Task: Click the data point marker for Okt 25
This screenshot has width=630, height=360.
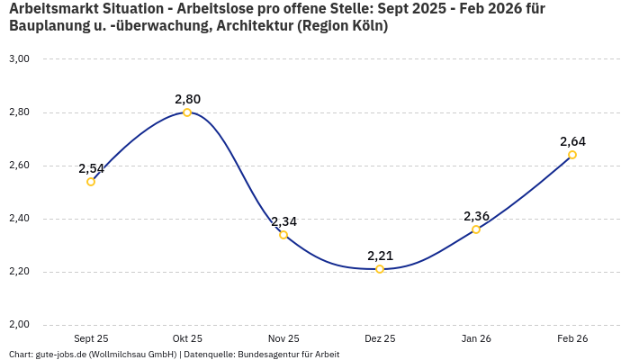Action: [187, 112]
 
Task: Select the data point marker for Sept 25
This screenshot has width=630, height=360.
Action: [91, 182]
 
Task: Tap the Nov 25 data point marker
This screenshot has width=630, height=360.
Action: [283, 235]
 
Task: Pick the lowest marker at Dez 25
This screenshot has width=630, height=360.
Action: [380, 269]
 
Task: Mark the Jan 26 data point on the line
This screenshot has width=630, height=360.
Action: [476, 229]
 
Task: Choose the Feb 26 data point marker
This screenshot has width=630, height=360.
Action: [572, 155]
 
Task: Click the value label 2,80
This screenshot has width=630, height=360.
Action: [187, 99]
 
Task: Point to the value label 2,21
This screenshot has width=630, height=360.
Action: [380, 256]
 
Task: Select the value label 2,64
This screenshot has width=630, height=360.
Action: [572, 141]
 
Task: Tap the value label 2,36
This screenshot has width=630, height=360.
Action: [476, 216]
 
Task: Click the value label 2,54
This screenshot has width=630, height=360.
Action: [91, 168]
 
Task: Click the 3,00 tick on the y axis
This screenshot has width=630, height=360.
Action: [19, 59]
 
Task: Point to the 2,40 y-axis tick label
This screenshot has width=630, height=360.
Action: [19, 219]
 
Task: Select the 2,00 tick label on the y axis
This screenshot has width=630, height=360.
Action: [19, 325]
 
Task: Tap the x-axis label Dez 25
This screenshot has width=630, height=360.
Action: [380, 338]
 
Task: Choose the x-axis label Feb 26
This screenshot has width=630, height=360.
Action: [572, 338]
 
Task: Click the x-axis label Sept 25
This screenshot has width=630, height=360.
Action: [91, 338]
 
